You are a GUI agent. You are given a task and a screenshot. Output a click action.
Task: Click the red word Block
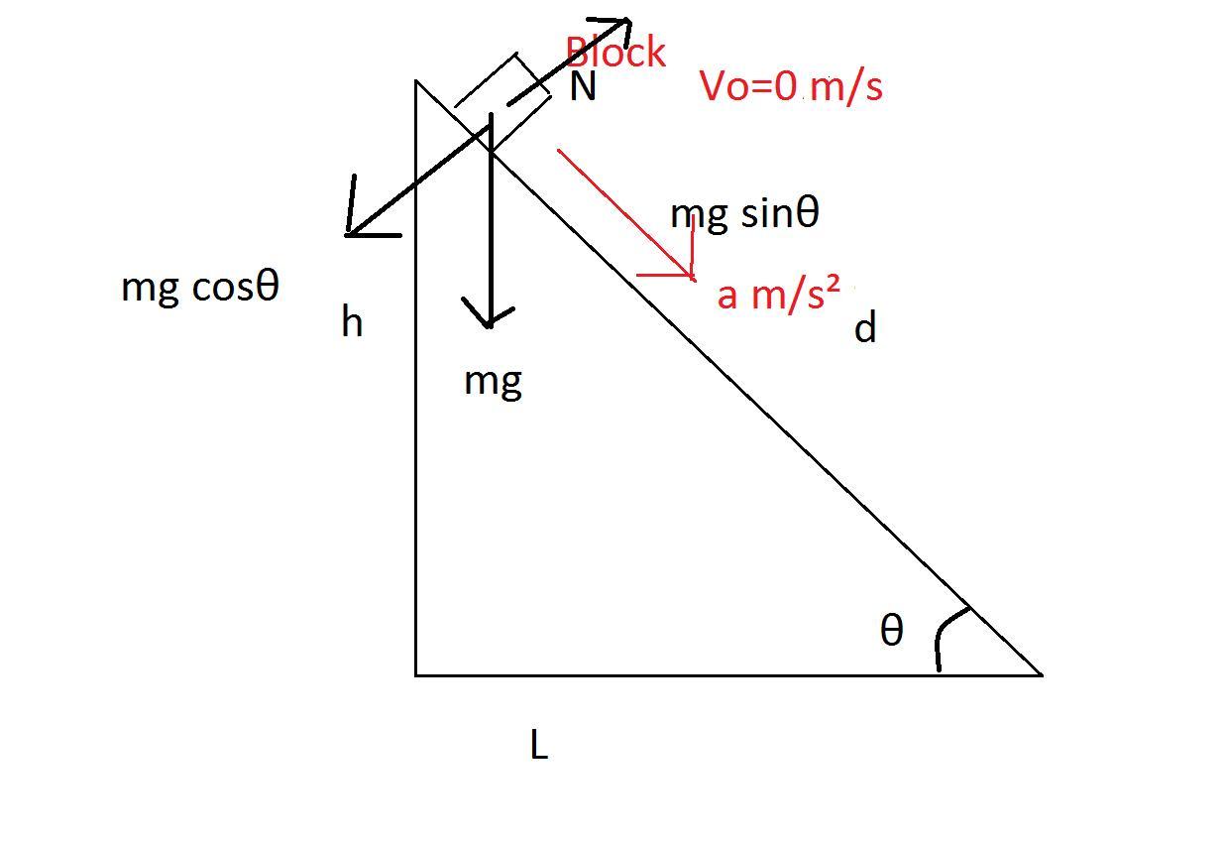(615, 53)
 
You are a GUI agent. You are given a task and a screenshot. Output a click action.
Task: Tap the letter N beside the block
(583, 88)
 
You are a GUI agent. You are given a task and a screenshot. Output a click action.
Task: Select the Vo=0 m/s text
(791, 86)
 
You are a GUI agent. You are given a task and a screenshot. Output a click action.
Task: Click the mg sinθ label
(744, 214)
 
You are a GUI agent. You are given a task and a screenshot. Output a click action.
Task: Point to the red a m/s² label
(778, 294)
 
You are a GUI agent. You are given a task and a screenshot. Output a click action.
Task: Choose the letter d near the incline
(865, 327)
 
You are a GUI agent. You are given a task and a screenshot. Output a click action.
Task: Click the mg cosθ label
(200, 287)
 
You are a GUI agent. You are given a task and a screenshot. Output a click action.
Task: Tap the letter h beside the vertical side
(352, 322)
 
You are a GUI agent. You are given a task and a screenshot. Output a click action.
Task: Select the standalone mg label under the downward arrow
(493, 381)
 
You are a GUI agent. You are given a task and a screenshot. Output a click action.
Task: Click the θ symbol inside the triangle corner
(892, 630)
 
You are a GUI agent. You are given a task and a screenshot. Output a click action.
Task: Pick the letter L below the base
(539, 745)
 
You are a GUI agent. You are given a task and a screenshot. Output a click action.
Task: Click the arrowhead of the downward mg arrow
(489, 319)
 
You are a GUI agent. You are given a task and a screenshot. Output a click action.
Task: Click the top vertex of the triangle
(417, 82)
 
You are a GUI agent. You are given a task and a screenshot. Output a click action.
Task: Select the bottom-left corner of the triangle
(416, 674)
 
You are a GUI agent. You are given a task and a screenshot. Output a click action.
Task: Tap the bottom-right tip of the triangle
(1041, 673)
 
